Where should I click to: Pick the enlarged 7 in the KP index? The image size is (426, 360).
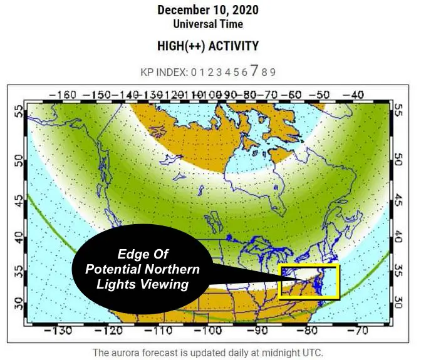(x=254, y=70)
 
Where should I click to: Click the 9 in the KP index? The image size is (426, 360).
(x=273, y=71)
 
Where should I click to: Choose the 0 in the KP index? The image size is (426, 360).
(x=194, y=71)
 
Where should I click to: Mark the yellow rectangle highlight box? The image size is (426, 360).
(x=309, y=282)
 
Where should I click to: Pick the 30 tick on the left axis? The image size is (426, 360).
(x=18, y=304)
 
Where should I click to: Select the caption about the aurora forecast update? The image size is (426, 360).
(x=207, y=352)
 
